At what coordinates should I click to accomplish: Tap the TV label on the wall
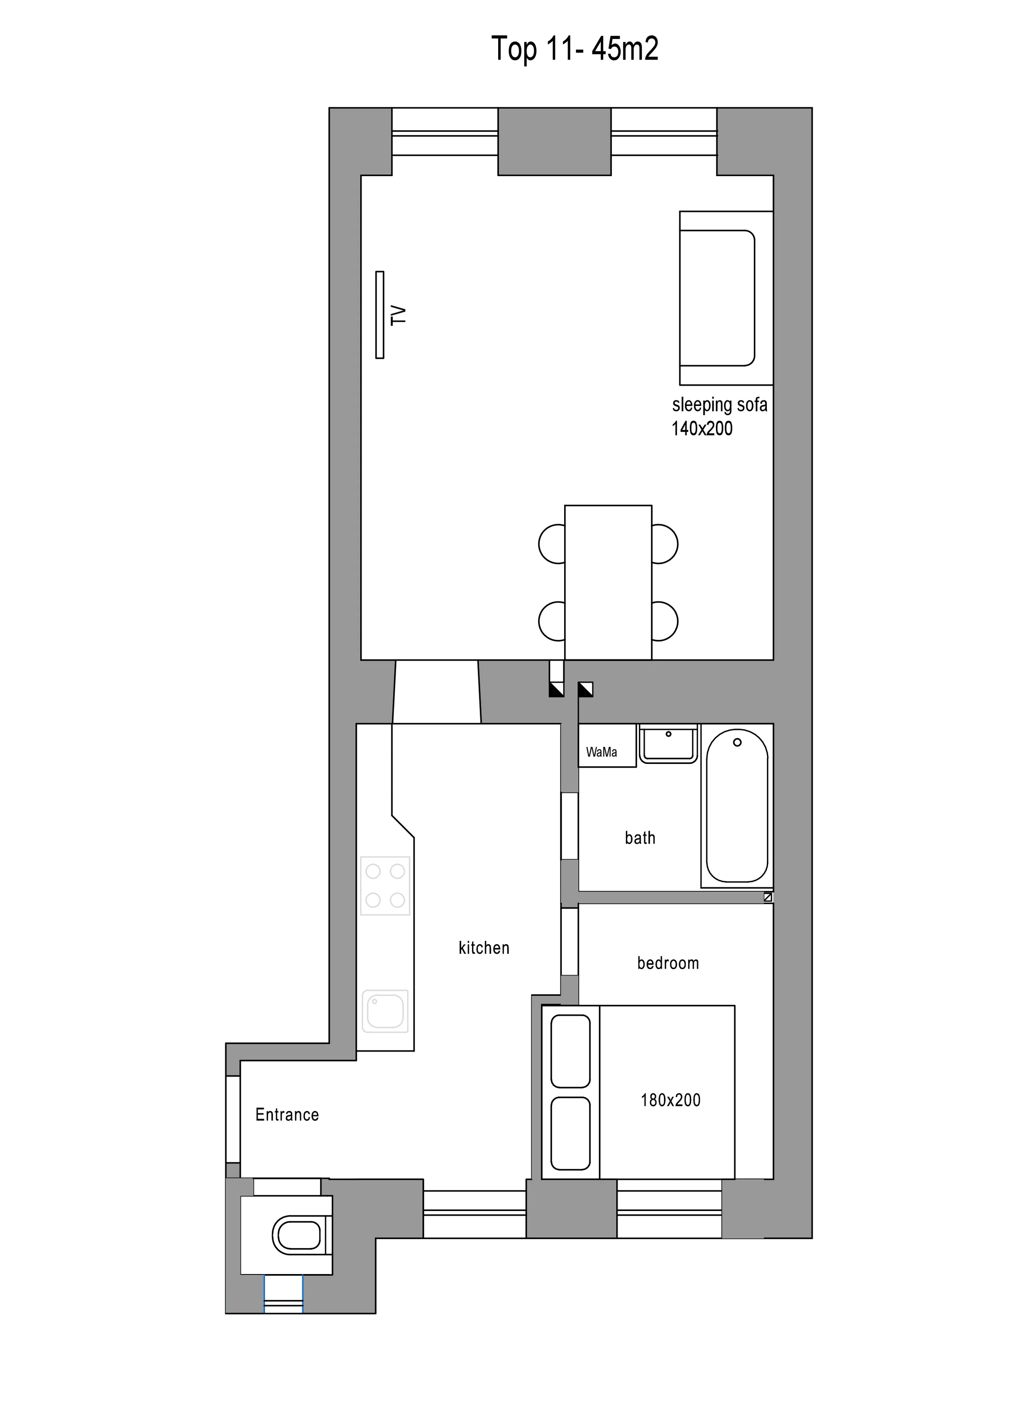[399, 315]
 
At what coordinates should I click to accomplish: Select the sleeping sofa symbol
[726, 298]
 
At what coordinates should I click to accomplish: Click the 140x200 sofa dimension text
[702, 428]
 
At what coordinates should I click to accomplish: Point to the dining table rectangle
[608, 582]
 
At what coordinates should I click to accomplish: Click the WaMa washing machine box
[607, 745]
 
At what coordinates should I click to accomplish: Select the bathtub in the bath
[737, 806]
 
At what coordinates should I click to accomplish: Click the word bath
[640, 838]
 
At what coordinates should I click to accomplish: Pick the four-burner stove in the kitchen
[386, 886]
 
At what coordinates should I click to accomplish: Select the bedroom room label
[668, 964]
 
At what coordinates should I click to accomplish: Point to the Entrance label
[287, 1114]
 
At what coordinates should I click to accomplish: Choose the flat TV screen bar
[380, 314]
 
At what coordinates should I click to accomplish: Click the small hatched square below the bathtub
[768, 897]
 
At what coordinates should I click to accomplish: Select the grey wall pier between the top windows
[555, 142]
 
